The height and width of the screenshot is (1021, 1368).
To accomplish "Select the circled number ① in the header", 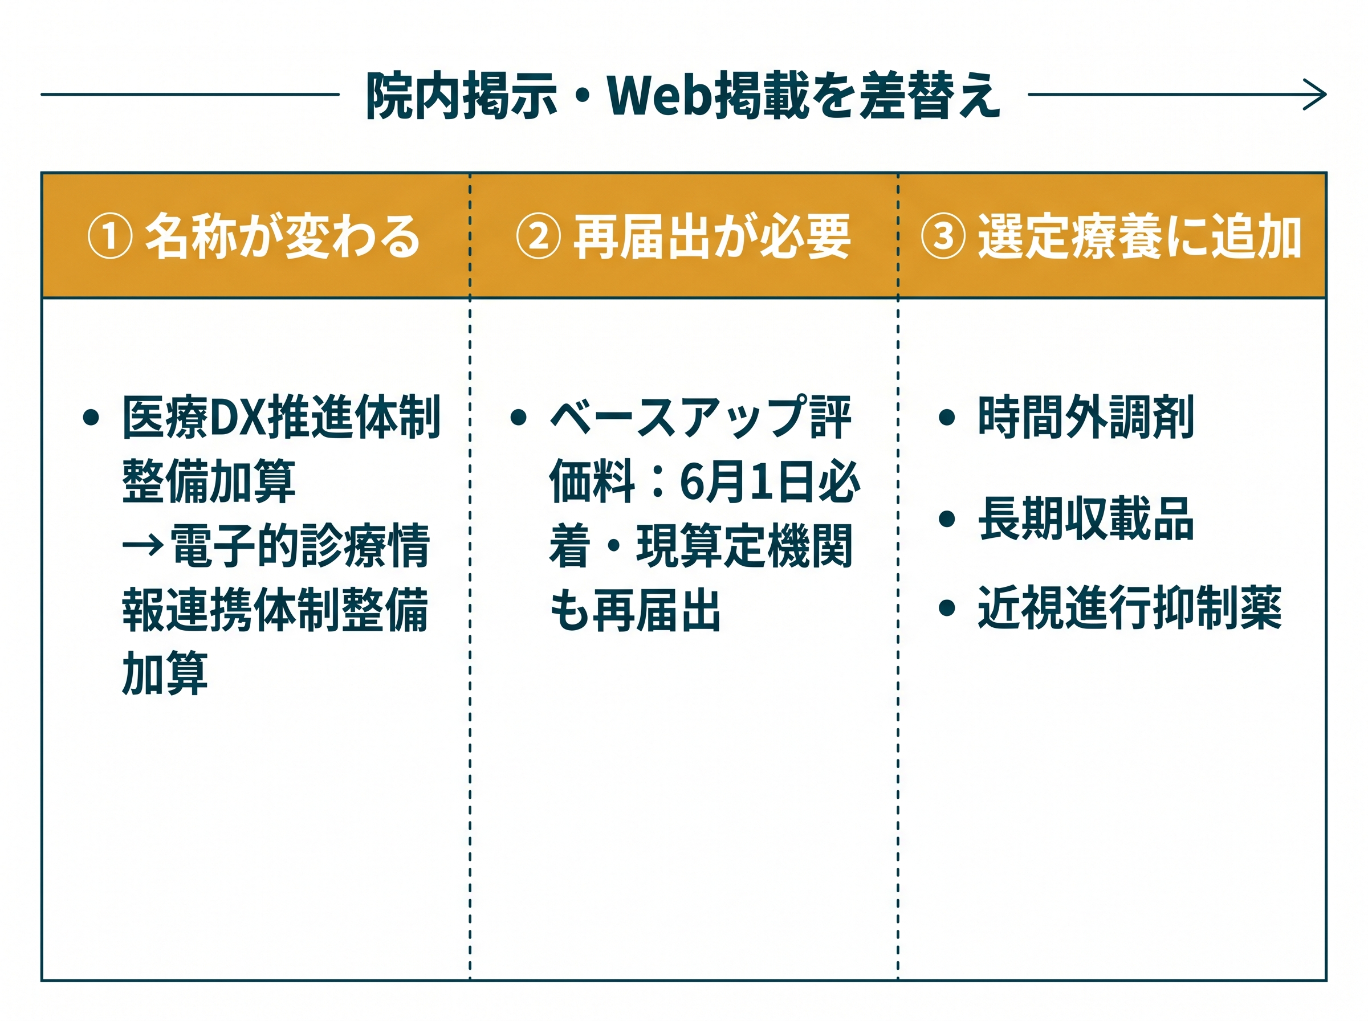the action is [x=110, y=236].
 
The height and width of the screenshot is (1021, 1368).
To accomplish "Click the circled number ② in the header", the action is [x=539, y=236].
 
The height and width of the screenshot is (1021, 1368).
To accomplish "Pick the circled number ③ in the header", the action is [x=943, y=236].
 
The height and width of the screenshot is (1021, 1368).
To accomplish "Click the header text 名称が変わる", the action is [x=283, y=236].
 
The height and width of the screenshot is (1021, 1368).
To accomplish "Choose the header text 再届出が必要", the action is [x=712, y=236].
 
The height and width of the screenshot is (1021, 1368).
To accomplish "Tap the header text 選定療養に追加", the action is [x=1139, y=236].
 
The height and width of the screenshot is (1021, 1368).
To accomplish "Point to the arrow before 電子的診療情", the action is [x=144, y=545].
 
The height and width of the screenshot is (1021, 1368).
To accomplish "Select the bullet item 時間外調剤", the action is [x=1085, y=417].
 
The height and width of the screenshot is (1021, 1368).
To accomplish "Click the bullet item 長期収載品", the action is [x=1085, y=519].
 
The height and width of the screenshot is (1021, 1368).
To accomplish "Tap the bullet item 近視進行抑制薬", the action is [x=1129, y=608].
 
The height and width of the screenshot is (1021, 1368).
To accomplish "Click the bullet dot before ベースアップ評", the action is [x=519, y=417].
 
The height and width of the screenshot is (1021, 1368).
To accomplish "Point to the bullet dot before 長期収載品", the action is [x=946, y=519].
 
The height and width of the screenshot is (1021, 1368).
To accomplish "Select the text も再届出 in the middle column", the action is [x=636, y=610].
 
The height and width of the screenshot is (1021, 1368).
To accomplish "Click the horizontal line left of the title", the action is [x=190, y=95].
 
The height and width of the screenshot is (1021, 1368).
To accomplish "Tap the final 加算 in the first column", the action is [x=165, y=673].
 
